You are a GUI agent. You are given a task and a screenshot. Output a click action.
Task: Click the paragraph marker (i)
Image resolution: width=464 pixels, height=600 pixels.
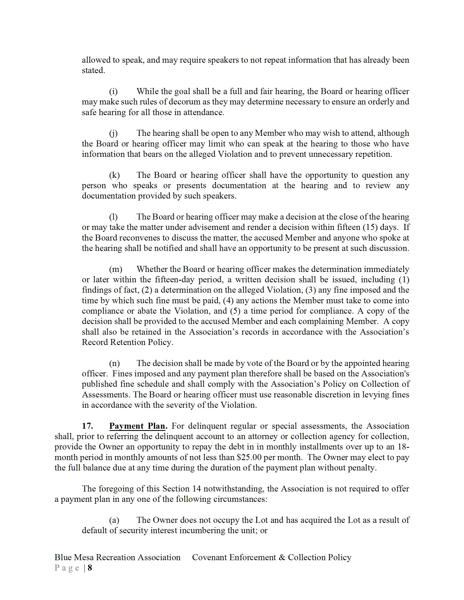(113, 91)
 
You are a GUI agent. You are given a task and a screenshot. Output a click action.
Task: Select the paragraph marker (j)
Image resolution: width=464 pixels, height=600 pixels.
(113, 133)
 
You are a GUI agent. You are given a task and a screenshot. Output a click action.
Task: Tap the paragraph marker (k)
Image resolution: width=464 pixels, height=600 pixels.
(114, 175)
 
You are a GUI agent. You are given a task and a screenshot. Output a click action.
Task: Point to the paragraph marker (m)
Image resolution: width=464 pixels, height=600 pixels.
(116, 269)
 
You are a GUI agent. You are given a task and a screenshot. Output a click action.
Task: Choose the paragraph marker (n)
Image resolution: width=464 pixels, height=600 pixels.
(114, 364)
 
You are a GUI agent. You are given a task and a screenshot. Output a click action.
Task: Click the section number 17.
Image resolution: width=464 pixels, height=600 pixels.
(87, 426)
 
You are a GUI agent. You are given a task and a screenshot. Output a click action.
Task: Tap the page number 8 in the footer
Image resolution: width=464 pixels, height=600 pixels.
(90, 568)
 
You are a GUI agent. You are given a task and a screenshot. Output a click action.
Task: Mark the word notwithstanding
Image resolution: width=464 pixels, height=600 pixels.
(234, 489)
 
